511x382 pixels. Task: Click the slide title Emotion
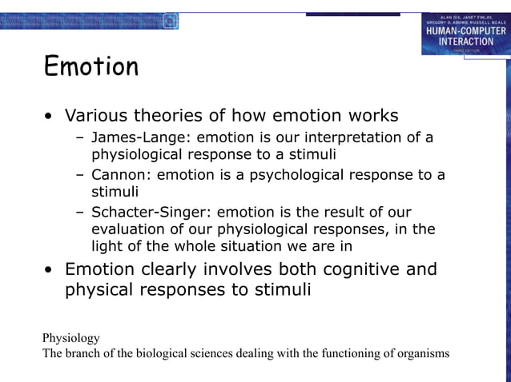tap(91, 67)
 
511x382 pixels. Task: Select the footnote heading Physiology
tap(71, 338)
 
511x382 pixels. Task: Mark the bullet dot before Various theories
tap(50, 117)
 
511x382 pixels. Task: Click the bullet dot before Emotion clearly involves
tap(50, 270)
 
